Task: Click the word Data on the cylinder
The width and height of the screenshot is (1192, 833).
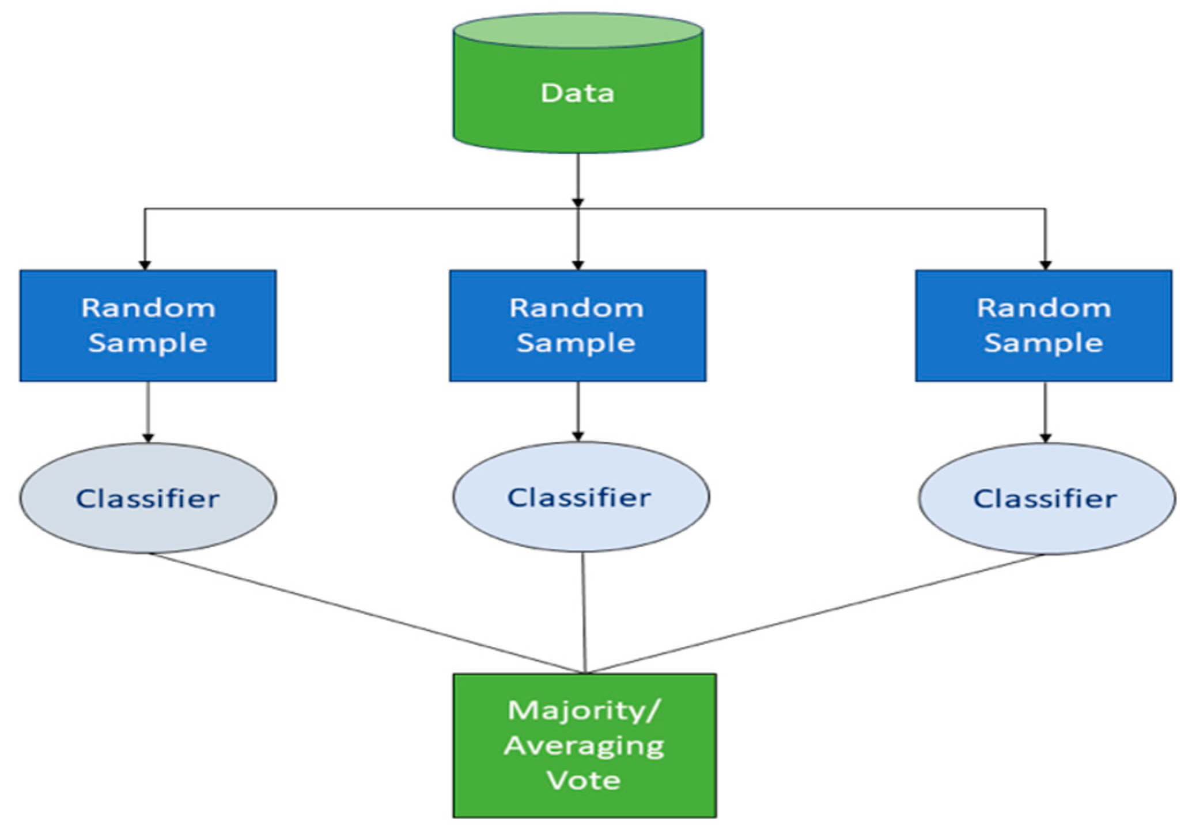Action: pyautogui.click(x=577, y=93)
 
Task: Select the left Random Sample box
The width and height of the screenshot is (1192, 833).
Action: pyautogui.click(x=148, y=325)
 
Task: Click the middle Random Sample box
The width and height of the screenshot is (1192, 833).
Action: pyautogui.click(x=577, y=325)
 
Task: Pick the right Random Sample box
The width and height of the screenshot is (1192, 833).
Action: pyautogui.click(x=1043, y=325)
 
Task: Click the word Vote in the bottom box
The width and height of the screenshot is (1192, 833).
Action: pyautogui.click(x=584, y=781)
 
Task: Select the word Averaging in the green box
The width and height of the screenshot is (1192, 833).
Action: pyautogui.click(x=584, y=746)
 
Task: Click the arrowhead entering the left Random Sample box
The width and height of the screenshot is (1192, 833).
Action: pyautogui.click(x=145, y=265)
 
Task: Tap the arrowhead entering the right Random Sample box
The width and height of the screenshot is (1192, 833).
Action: pyautogui.click(x=1045, y=265)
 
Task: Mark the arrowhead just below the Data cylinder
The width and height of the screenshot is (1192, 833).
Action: pyautogui.click(x=578, y=202)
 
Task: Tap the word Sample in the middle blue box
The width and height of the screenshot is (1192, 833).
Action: pyautogui.click(x=576, y=344)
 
